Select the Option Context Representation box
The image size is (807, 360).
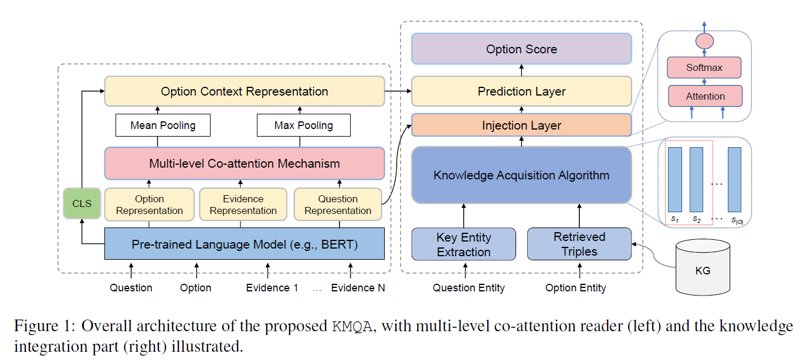[245, 91]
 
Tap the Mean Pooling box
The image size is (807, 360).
[162, 125]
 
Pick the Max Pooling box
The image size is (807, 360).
[303, 125]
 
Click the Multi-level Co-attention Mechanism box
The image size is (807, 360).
[245, 163]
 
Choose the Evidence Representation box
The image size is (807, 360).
[243, 205]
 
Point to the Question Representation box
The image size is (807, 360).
[337, 205]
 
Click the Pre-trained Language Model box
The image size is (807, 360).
[245, 244]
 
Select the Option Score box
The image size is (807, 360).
[521, 49]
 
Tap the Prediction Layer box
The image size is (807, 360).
[521, 91]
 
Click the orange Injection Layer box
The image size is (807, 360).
[521, 125]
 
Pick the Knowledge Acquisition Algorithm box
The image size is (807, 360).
[521, 175]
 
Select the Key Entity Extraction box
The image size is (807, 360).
[463, 244]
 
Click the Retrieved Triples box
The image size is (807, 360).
[579, 244]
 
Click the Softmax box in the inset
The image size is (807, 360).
[704, 68]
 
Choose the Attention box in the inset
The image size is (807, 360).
[706, 96]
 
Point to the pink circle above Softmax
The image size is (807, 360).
[704, 41]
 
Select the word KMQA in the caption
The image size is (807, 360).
[352, 327]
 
